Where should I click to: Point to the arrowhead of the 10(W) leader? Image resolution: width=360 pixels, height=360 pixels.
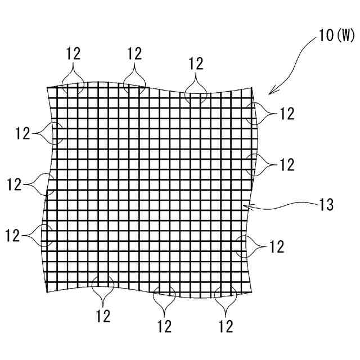point(269,93)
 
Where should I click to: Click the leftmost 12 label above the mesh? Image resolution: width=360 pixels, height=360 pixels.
point(73,53)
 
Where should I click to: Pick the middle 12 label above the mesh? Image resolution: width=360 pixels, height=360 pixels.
point(134,53)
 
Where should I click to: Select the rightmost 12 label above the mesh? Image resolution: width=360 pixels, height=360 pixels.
point(196,63)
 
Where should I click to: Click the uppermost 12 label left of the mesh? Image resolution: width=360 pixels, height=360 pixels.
point(23,133)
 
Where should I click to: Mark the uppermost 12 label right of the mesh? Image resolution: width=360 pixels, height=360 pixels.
point(287,114)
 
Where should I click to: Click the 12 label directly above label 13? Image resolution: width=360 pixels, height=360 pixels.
point(287,164)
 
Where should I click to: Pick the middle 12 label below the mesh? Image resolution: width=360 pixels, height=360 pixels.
point(164,325)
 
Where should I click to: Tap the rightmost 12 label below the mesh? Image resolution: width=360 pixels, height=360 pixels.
point(226,325)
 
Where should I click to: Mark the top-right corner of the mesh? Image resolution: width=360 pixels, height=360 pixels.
point(253,88)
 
